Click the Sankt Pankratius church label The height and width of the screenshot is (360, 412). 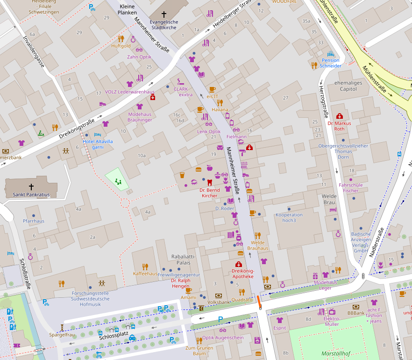31,194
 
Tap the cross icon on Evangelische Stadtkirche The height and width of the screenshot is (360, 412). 163,15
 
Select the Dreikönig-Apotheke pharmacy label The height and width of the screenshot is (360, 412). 242,274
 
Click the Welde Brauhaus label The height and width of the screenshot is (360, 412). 257,245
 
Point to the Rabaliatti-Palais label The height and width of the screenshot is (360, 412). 184,259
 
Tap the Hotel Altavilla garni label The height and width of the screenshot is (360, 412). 98,144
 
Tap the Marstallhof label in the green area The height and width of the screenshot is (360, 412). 335,354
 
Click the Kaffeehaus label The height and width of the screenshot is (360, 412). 145,274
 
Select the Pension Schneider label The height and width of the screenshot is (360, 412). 331,63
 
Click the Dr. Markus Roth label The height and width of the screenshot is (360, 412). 339,126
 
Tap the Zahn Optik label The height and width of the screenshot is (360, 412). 139,57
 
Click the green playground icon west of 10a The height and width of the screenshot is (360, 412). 118,182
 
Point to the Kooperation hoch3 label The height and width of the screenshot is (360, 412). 289,217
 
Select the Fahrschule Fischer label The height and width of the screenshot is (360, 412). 350,187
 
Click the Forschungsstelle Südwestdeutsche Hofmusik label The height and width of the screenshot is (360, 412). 91,298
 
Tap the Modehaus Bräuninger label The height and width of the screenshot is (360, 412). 140,117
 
